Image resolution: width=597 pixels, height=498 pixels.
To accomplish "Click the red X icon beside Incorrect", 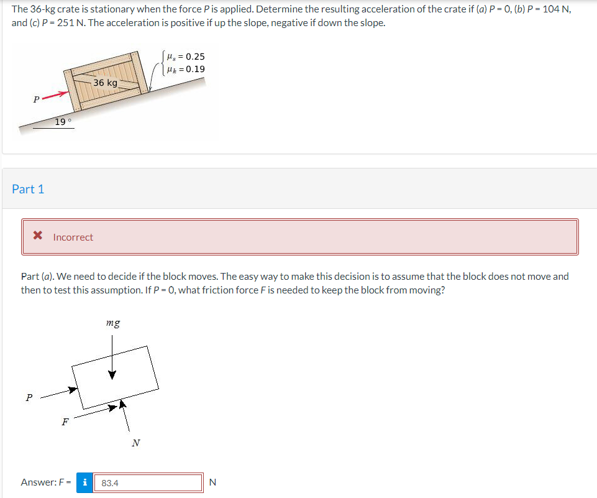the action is [x=38, y=235].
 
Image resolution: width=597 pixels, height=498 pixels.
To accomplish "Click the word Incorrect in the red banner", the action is [x=73, y=237].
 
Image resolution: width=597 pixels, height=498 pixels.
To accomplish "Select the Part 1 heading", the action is [x=28, y=189].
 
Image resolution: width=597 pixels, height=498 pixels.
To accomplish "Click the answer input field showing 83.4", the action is [x=148, y=482].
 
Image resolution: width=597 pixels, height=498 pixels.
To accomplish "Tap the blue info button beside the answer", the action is [x=84, y=482].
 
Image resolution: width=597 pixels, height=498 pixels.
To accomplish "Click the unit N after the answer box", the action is [x=213, y=482].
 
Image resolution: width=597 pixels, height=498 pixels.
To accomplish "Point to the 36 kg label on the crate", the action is [x=106, y=83].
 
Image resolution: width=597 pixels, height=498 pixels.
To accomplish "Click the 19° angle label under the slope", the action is [x=63, y=122].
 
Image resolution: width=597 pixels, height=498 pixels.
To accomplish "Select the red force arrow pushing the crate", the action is [x=55, y=95].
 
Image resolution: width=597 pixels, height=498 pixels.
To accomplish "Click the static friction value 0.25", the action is [x=195, y=57].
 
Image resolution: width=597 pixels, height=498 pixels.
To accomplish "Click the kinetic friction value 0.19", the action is [x=195, y=69].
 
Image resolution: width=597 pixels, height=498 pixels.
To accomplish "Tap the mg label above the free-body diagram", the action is [x=113, y=323].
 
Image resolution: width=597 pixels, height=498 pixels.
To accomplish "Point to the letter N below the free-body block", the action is [x=136, y=443].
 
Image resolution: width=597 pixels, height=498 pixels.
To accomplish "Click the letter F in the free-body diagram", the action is [x=65, y=422].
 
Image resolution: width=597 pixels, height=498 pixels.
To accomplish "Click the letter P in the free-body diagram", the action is [x=29, y=397].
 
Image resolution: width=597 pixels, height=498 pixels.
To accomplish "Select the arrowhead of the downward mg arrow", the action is [x=112, y=375].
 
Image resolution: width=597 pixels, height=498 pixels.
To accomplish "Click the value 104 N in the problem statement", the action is [x=557, y=9].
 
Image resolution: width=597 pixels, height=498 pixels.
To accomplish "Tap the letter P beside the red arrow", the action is [x=36, y=99].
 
